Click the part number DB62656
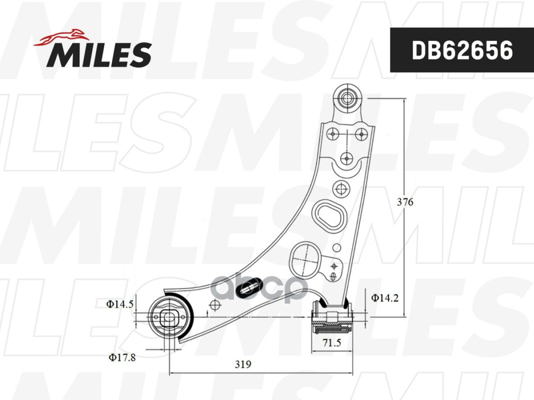click(x=461, y=50)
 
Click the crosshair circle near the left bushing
click(x=215, y=305)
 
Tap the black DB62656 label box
click(x=461, y=50)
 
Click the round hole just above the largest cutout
click(x=340, y=188)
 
